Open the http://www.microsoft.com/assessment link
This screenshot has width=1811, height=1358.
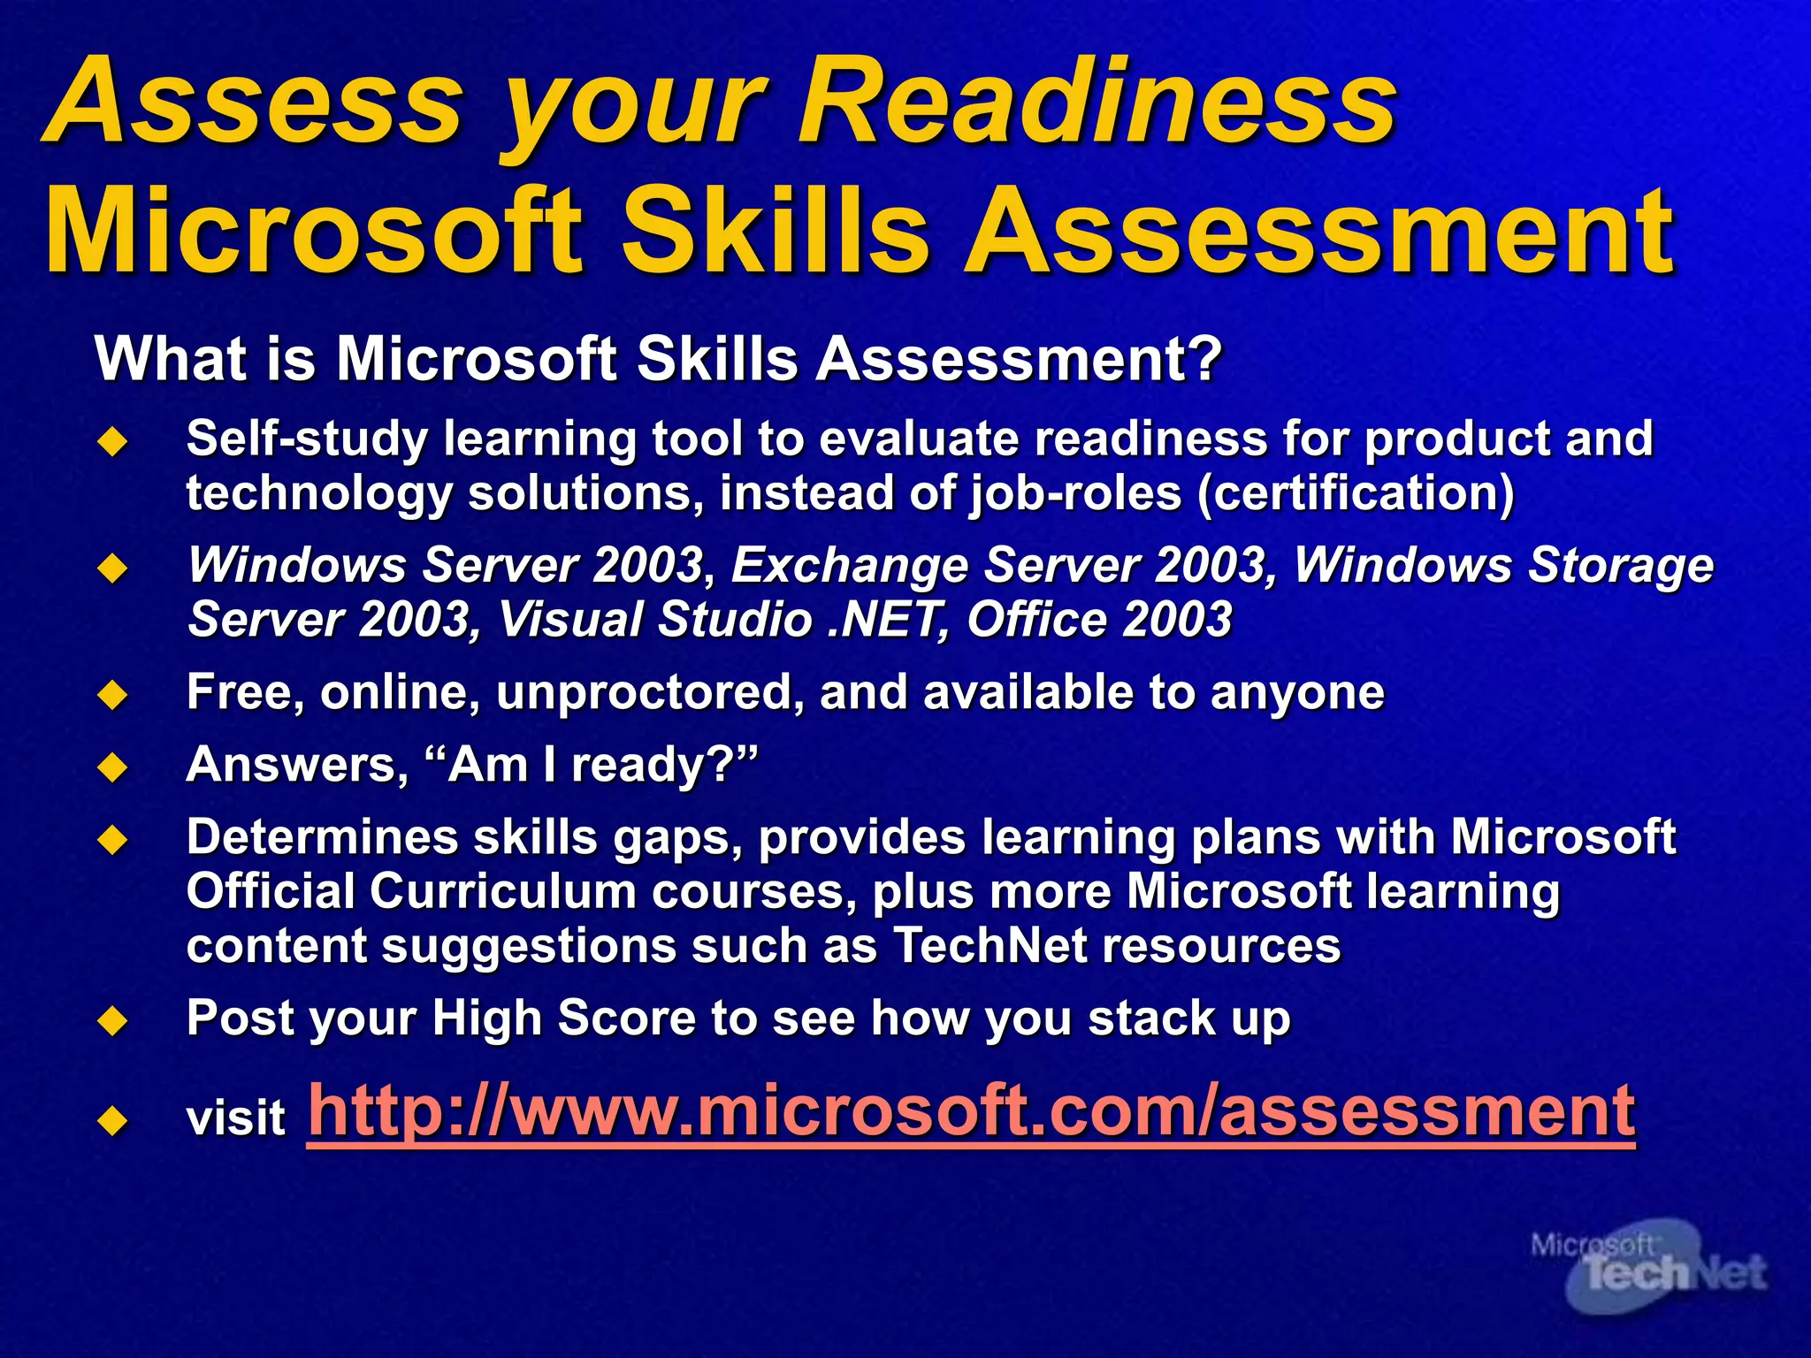(970, 1111)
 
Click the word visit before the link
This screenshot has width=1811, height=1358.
(235, 1118)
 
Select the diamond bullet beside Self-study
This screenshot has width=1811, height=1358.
(113, 440)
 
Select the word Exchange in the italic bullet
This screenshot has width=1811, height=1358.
(849, 565)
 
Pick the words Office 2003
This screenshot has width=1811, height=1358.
(1098, 620)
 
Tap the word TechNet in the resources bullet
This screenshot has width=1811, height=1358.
(990, 945)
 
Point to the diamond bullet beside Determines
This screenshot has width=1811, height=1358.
(113, 839)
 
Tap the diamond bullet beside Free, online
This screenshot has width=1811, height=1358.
(113, 694)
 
